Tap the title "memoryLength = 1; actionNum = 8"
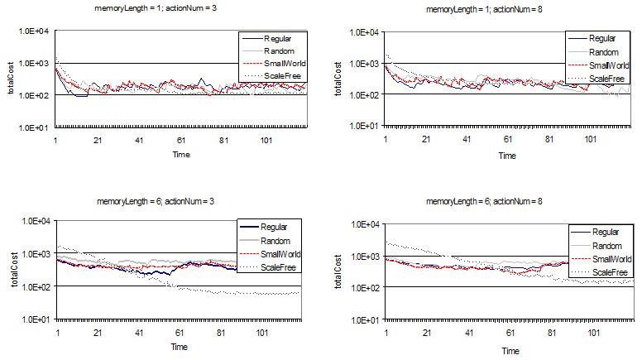478,9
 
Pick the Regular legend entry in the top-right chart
608,38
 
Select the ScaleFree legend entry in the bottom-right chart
611,272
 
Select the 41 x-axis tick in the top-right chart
467,139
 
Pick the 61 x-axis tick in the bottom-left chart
180,333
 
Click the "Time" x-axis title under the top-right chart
508,156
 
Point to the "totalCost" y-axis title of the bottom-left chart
10,270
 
